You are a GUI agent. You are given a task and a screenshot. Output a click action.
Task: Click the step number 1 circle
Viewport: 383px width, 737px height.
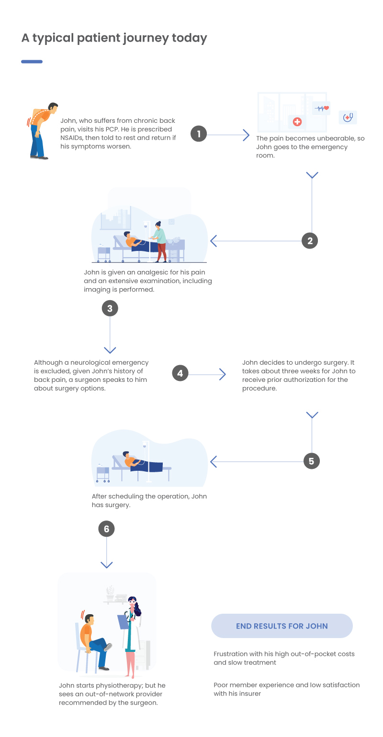[x=199, y=133]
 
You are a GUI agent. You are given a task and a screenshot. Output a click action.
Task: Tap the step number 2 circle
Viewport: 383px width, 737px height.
[x=310, y=240]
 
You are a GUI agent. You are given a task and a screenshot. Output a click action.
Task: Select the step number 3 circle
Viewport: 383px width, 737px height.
[x=110, y=308]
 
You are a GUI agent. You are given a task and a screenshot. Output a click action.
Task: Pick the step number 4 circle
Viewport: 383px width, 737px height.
[x=180, y=373]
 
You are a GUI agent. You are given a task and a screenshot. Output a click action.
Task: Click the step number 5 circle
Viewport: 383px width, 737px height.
[x=312, y=461]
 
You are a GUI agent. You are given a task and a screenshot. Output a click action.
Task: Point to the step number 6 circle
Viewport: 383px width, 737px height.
[x=106, y=529]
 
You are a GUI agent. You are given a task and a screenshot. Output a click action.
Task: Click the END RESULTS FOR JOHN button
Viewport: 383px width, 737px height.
[x=282, y=626]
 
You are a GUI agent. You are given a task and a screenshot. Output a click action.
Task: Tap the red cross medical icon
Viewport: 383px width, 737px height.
[x=297, y=122]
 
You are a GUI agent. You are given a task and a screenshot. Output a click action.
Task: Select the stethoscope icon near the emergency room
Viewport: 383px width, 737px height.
[x=348, y=117]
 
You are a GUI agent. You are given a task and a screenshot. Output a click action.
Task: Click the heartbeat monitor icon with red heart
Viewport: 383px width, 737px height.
[x=321, y=108]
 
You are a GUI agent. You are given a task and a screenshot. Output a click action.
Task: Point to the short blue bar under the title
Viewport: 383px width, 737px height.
[x=32, y=62]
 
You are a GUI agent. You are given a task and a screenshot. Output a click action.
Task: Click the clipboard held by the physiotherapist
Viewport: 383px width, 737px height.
[x=123, y=621]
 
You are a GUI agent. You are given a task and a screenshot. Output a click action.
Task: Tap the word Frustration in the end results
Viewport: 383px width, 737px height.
[x=230, y=654]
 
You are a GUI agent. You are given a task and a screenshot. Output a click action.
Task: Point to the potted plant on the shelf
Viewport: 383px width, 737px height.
[x=110, y=593]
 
